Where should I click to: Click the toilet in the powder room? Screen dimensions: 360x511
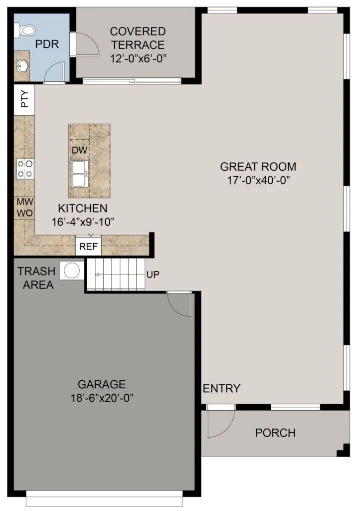pos(25,30)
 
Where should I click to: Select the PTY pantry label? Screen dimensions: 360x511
pos(24,99)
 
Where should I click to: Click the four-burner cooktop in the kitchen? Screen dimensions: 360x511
pos(25,169)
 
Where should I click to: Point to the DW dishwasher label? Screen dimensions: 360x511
pos(79,150)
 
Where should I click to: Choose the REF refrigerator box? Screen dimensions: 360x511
pos(89,246)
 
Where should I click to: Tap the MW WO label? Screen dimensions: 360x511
pos(25,207)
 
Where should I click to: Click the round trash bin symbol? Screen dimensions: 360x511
pos(72,270)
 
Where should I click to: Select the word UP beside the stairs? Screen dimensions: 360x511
pos(153,274)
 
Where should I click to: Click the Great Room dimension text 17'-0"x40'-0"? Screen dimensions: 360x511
pos(258,180)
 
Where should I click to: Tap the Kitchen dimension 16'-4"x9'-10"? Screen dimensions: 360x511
pos(83,222)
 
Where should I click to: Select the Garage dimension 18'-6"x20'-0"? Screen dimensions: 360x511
pos(102,398)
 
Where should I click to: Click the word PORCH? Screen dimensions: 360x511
pos(275,433)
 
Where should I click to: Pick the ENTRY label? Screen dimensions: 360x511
pos(221,388)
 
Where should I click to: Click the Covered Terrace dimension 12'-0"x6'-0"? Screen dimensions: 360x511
pos(138,59)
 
